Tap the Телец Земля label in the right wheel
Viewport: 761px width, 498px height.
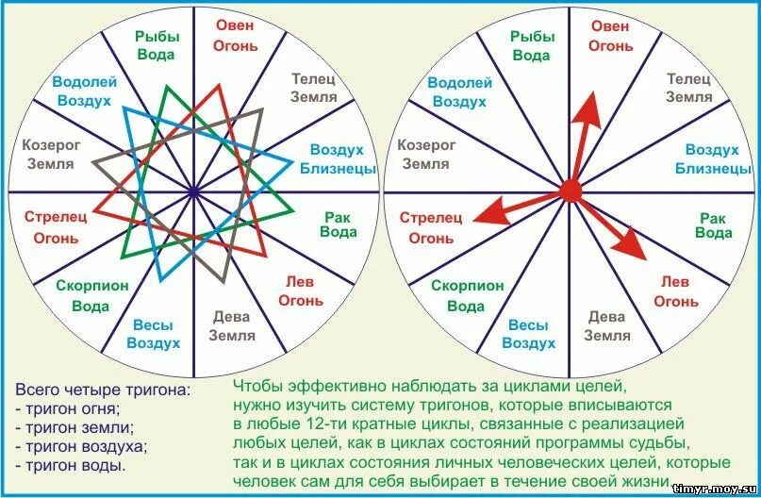tap(689, 88)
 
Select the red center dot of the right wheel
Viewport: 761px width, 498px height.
tap(570, 191)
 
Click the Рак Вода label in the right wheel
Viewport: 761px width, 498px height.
tap(714, 224)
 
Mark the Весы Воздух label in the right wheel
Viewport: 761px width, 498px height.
tap(528, 334)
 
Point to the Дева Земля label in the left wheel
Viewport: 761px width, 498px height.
tap(231, 325)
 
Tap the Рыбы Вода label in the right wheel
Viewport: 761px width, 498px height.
tap(532, 44)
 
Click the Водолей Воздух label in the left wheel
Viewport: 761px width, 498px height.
tap(84, 91)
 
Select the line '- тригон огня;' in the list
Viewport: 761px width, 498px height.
tap(68, 408)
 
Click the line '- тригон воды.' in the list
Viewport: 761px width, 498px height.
tap(71, 465)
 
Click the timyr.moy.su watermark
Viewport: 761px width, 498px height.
tap(715, 488)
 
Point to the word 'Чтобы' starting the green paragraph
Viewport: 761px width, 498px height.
tap(257, 387)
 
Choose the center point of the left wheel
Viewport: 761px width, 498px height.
tap(192, 191)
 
